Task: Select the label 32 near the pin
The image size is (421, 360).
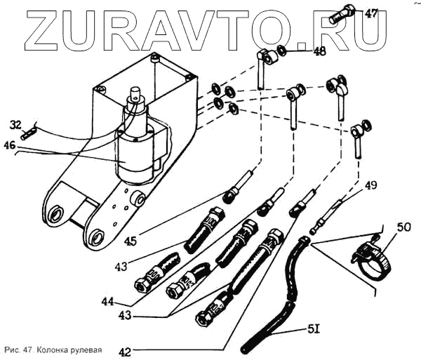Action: click(16, 126)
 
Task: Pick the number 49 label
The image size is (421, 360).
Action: click(370, 186)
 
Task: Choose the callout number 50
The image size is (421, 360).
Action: click(404, 228)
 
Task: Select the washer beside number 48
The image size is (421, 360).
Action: click(281, 51)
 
